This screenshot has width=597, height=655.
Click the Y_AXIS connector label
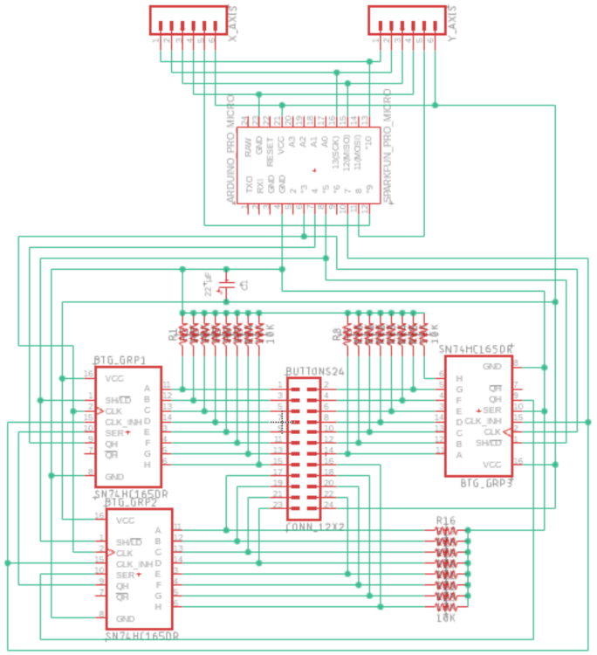click(x=452, y=25)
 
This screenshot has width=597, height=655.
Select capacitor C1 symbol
click(x=228, y=286)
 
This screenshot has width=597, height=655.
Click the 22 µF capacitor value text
click(x=209, y=285)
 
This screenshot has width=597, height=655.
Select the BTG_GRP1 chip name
click(x=120, y=360)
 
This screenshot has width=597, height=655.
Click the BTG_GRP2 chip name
click(x=130, y=502)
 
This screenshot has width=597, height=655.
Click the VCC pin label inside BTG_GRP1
click(x=113, y=379)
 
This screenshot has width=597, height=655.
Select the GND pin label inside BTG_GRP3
click(x=492, y=366)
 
